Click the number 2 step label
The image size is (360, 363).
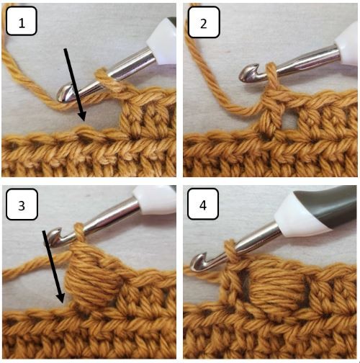(204, 22)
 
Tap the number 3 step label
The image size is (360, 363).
(22, 205)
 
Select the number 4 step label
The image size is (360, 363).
(203, 204)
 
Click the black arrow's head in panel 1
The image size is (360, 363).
(82, 116)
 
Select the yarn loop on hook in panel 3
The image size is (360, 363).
(79, 232)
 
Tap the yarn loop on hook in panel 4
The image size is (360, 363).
(231, 250)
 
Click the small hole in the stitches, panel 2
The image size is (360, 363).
(288, 122)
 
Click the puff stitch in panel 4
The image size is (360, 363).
(276, 287)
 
